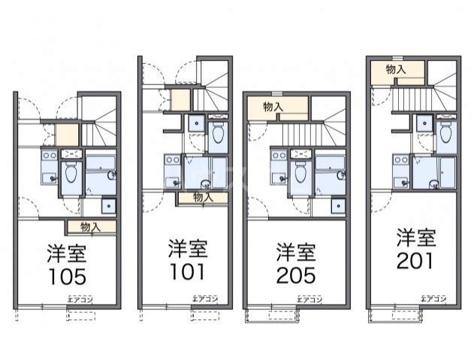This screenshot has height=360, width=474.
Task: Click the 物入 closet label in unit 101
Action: click(x=201, y=197)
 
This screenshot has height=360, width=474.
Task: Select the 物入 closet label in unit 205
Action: click(x=273, y=107)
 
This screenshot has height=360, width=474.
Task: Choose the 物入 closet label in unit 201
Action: click(x=396, y=69)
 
